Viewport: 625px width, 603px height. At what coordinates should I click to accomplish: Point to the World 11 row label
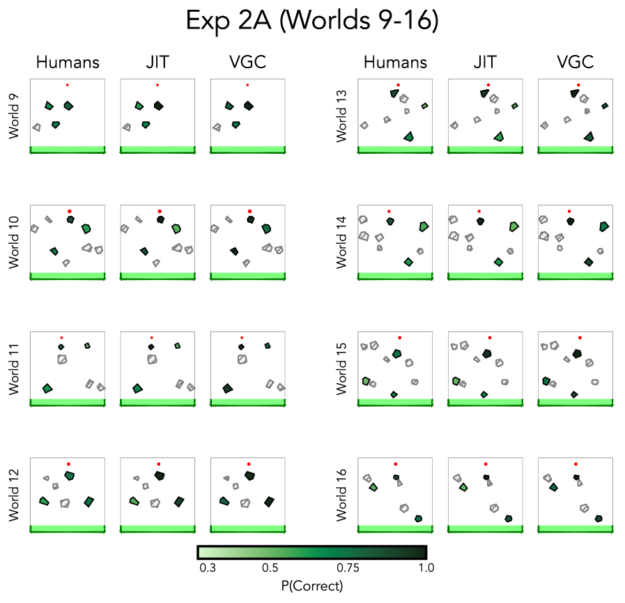coord(15,368)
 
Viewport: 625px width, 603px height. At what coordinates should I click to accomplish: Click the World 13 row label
coord(342,116)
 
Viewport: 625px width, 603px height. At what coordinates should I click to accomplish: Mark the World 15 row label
coord(342,368)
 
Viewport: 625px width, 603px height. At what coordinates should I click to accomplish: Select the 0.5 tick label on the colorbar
coord(270,568)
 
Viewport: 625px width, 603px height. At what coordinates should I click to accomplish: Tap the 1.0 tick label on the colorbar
coord(426,568)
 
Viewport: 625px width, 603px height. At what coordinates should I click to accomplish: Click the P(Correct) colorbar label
coord(311,586)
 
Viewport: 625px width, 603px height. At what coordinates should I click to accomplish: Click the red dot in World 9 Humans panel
coord(67,85)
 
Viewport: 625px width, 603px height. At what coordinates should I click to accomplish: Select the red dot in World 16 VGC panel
coord(576,464)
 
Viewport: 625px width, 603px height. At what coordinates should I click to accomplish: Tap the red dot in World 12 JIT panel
coord(158,464)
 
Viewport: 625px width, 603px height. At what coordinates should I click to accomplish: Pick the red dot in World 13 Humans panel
coord(398,85)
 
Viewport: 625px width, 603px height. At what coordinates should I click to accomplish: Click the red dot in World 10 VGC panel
coord(249,211)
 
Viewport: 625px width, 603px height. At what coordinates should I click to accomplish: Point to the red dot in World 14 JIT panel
coord(479,211)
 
